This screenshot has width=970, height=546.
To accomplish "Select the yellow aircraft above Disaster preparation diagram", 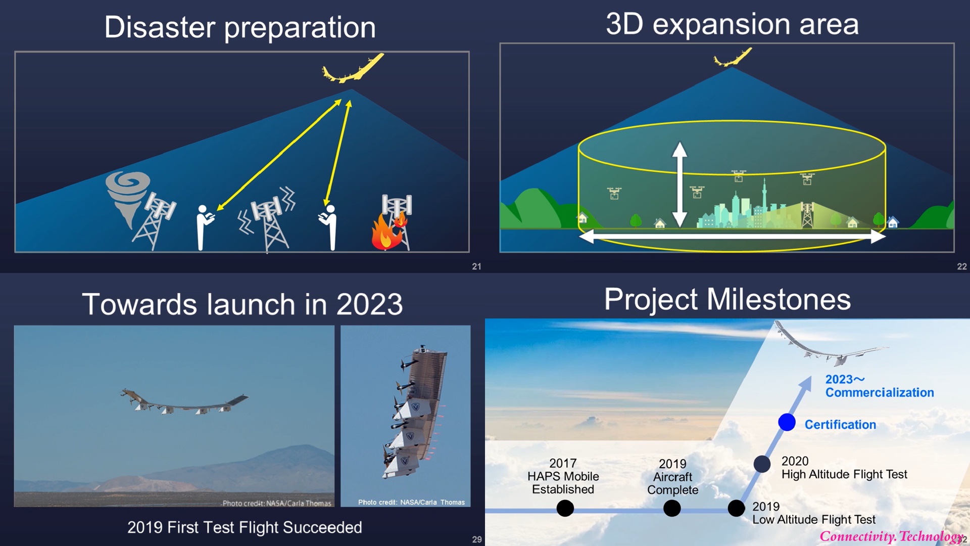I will click(352, 68).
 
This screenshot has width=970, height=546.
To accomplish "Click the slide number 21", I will click(476, 266).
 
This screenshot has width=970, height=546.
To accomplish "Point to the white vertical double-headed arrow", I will click(680, 185).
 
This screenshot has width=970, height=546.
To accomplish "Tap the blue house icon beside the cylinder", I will click(893, 221).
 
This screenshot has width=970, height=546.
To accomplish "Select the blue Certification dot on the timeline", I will click(787, 422).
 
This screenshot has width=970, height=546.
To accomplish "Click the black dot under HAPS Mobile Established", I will click(565, 508).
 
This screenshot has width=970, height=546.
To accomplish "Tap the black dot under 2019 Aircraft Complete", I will click(672, 508).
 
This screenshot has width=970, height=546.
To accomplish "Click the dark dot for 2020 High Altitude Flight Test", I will click(762, 464).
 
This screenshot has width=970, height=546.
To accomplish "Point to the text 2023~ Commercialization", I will click(879, 386).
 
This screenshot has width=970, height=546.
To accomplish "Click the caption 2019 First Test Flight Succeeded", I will click(245, 527).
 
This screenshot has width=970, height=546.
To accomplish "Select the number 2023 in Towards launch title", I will click(369, 304).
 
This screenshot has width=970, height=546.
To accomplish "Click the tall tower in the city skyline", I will click(764, 200).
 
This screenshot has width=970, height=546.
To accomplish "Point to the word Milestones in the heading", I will click(779, 299).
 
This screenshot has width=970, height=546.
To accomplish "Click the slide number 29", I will click(476, 539).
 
